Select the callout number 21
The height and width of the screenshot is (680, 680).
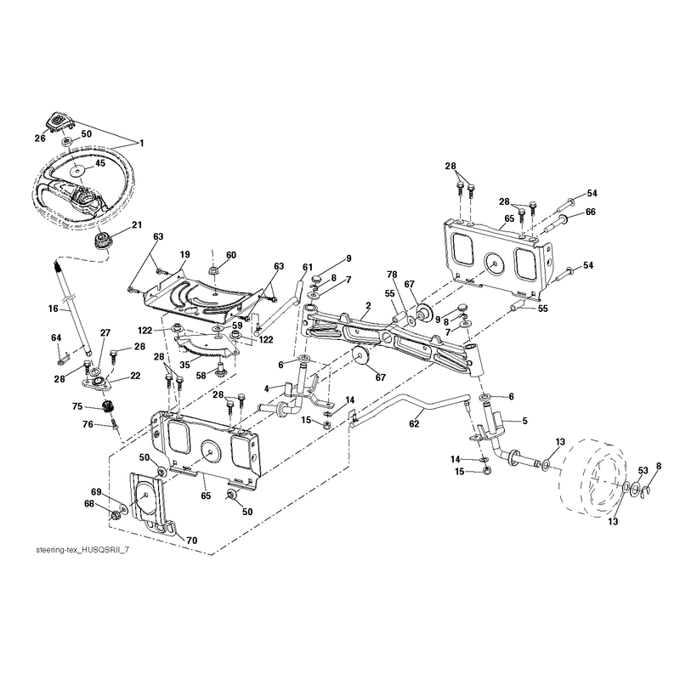137,224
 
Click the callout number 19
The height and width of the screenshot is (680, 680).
185,254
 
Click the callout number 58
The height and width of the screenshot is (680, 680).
201,376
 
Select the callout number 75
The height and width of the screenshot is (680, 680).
77,406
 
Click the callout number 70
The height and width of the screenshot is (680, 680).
192,541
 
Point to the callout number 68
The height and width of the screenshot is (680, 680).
89,504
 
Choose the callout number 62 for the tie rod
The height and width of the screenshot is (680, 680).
414,423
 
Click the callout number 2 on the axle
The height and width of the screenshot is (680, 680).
368,306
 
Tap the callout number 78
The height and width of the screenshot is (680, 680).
392,275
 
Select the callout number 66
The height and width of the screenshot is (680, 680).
591,212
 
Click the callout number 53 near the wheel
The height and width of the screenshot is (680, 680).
643,471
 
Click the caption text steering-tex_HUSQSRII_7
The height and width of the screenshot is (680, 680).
82,550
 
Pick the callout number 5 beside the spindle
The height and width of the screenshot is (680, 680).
524,421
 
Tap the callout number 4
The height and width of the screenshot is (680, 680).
267,388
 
